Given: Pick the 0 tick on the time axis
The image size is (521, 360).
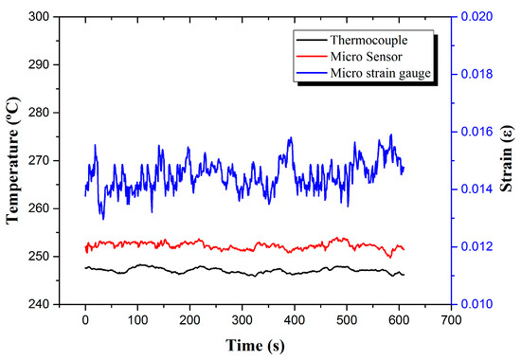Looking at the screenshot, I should (x=85, y=319).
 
